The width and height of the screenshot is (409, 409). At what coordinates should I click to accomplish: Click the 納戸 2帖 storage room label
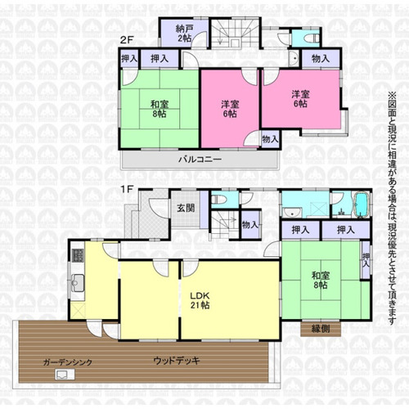point(184,34)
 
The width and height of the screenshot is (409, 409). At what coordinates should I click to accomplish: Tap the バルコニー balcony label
point(200,160)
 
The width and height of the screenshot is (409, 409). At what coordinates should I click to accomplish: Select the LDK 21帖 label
point(200,300)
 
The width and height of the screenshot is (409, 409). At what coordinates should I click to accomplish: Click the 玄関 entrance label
point(186,208)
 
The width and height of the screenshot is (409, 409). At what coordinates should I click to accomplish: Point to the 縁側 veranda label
point(321,329)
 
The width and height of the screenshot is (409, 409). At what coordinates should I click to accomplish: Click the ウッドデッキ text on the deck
point(177,361)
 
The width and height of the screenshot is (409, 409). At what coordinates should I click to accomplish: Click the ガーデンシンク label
point(68,362)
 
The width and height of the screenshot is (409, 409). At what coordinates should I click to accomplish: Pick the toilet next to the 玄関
point(219,200)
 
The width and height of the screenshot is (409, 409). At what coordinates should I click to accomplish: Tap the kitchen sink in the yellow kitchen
point(78,283)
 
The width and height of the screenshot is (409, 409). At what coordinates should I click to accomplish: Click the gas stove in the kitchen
point(79,255)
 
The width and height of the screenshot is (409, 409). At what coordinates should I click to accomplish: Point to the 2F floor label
point(126,40)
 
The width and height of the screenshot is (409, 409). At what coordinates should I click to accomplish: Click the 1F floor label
point(126,189)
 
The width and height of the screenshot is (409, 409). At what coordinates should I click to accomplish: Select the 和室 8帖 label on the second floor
point(160,109)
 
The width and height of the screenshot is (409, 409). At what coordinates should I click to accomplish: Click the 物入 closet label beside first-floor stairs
point(249,225)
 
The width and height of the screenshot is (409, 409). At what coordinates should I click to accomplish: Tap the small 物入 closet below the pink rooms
point(270,139)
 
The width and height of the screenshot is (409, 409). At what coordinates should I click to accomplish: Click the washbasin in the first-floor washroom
point(292,212)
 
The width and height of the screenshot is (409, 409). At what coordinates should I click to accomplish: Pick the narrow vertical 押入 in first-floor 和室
point(366,260)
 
